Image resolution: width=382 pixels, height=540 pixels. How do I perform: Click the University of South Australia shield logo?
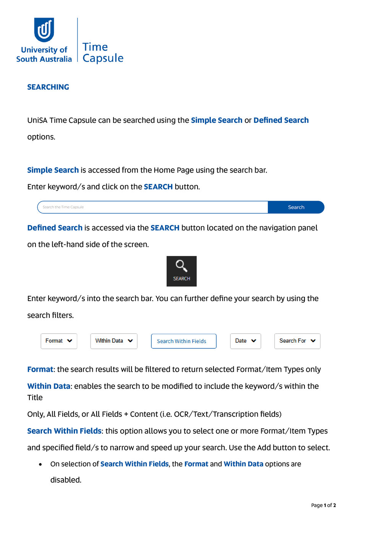44,30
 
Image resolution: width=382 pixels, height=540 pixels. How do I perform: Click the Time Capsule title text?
103,52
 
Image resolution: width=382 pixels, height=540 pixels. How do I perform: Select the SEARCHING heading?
48,87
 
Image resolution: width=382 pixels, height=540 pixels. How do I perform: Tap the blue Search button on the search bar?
296,207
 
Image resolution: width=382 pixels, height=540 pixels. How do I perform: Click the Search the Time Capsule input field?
153,207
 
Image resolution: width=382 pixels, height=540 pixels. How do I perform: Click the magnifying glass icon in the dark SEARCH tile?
181,266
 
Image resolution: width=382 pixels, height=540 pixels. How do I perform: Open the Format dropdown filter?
59,341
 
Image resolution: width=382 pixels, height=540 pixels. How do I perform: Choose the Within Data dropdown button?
114,341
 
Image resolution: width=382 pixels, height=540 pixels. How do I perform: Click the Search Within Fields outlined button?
183,341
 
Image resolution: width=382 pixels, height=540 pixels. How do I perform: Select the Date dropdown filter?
245,341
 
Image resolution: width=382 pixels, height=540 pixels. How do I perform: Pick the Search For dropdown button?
297,341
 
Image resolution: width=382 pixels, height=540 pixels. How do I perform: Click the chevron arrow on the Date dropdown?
254,341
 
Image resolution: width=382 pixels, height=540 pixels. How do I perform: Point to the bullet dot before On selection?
40,464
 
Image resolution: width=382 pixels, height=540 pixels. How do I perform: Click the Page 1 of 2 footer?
323,505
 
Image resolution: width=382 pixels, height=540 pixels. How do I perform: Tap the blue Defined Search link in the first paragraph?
281,120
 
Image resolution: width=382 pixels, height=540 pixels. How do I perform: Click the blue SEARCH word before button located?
165,228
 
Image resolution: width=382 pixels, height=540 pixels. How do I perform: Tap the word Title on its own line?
35,397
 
